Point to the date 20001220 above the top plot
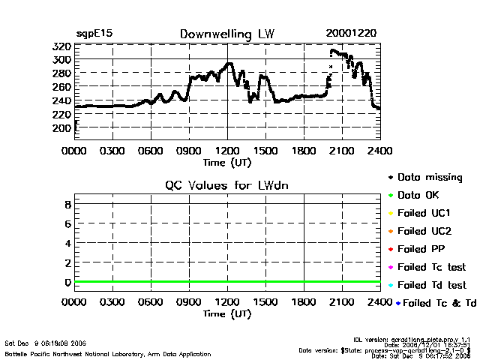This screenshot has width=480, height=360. (x=351, y=34)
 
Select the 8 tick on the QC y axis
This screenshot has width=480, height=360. (x=67, y=204)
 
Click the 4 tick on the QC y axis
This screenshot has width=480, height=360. (x=67, y=243)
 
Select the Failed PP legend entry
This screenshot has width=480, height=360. (x=425, y=249)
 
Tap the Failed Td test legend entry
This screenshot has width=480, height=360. (x=431, y=285)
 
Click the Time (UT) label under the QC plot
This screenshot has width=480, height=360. (x=227, y=313)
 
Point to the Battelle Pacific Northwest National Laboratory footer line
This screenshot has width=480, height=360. (x=108, y=353)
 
